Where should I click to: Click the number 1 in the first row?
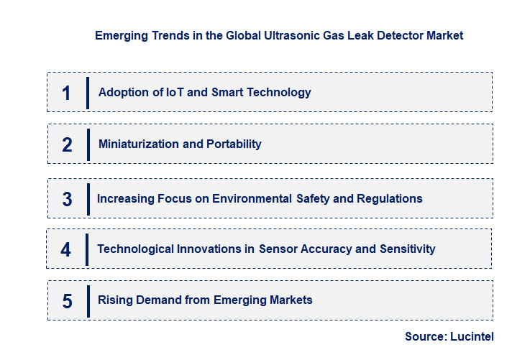point(66,93)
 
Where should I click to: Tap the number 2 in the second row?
point(67,144)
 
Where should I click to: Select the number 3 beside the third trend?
point(67,199)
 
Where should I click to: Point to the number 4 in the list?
point(66,249)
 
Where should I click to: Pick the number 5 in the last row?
point(67,301)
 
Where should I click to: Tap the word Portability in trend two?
point(234,144)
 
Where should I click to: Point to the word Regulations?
point(389,199)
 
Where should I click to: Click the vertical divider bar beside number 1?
point(87,93)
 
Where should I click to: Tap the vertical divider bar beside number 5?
point(87,300)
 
